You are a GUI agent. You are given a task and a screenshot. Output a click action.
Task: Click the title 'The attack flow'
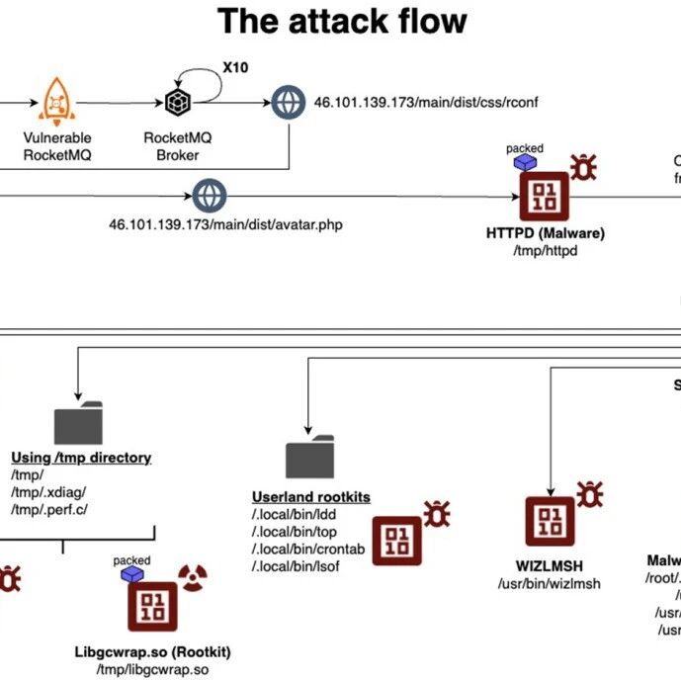tap(342, 22)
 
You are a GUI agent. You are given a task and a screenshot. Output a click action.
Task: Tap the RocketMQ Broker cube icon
tap(178, 102)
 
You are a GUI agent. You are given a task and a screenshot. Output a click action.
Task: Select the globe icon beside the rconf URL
tap(287, 101)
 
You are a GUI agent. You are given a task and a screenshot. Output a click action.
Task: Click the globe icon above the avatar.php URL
tap(210, 195)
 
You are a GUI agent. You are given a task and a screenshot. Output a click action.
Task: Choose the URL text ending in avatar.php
tap(225, 224)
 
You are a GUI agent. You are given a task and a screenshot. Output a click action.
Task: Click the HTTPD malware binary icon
tap(545, 197)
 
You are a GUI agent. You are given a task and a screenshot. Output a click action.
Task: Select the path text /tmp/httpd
tap(545, 250)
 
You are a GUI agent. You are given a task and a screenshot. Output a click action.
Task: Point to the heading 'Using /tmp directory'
tap(81, 458)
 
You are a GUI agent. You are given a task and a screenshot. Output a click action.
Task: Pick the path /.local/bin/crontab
tap(296, 549)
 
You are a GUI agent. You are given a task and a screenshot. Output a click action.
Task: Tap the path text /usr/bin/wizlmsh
tap(551, 583)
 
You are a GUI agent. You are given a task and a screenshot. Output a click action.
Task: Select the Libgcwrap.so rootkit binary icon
tap(152, 607)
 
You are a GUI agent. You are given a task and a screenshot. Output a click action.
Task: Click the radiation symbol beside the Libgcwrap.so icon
tap(189, 576)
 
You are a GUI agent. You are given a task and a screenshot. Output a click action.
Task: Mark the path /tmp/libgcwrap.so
tap(152, 670)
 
